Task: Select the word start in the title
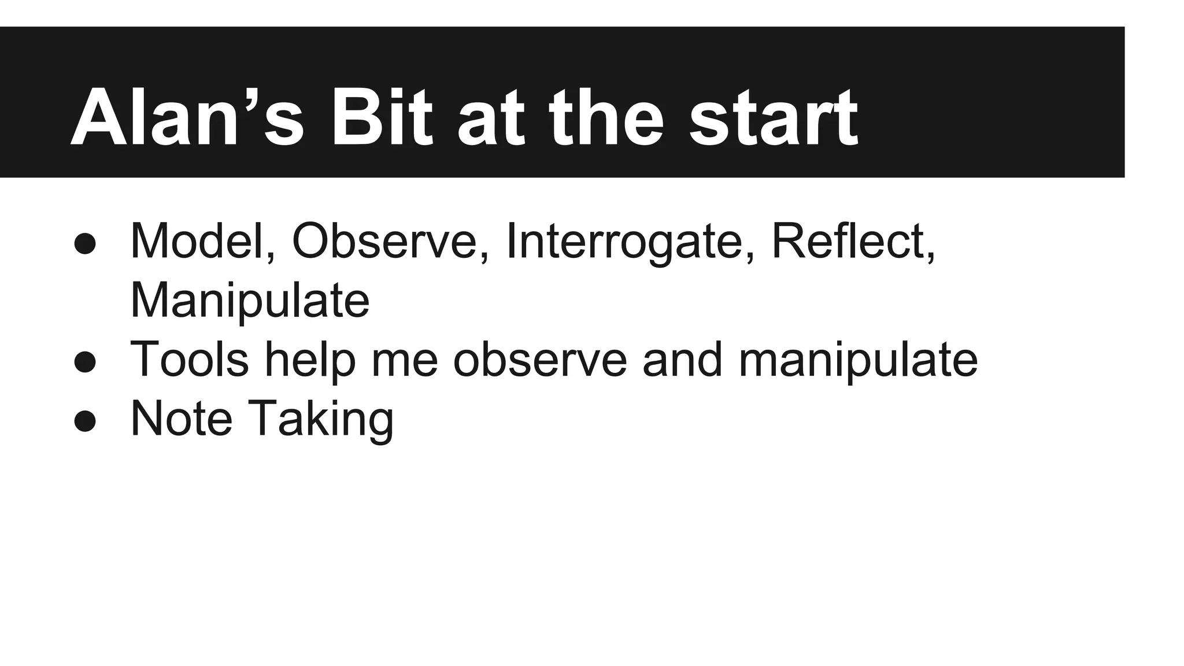tap(773, 119)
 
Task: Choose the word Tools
tap(190, 359)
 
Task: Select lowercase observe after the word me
tap(540, 360)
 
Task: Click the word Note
tap(182, 419)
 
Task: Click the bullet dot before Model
tap(85, 243)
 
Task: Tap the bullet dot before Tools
tap(85, 362)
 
